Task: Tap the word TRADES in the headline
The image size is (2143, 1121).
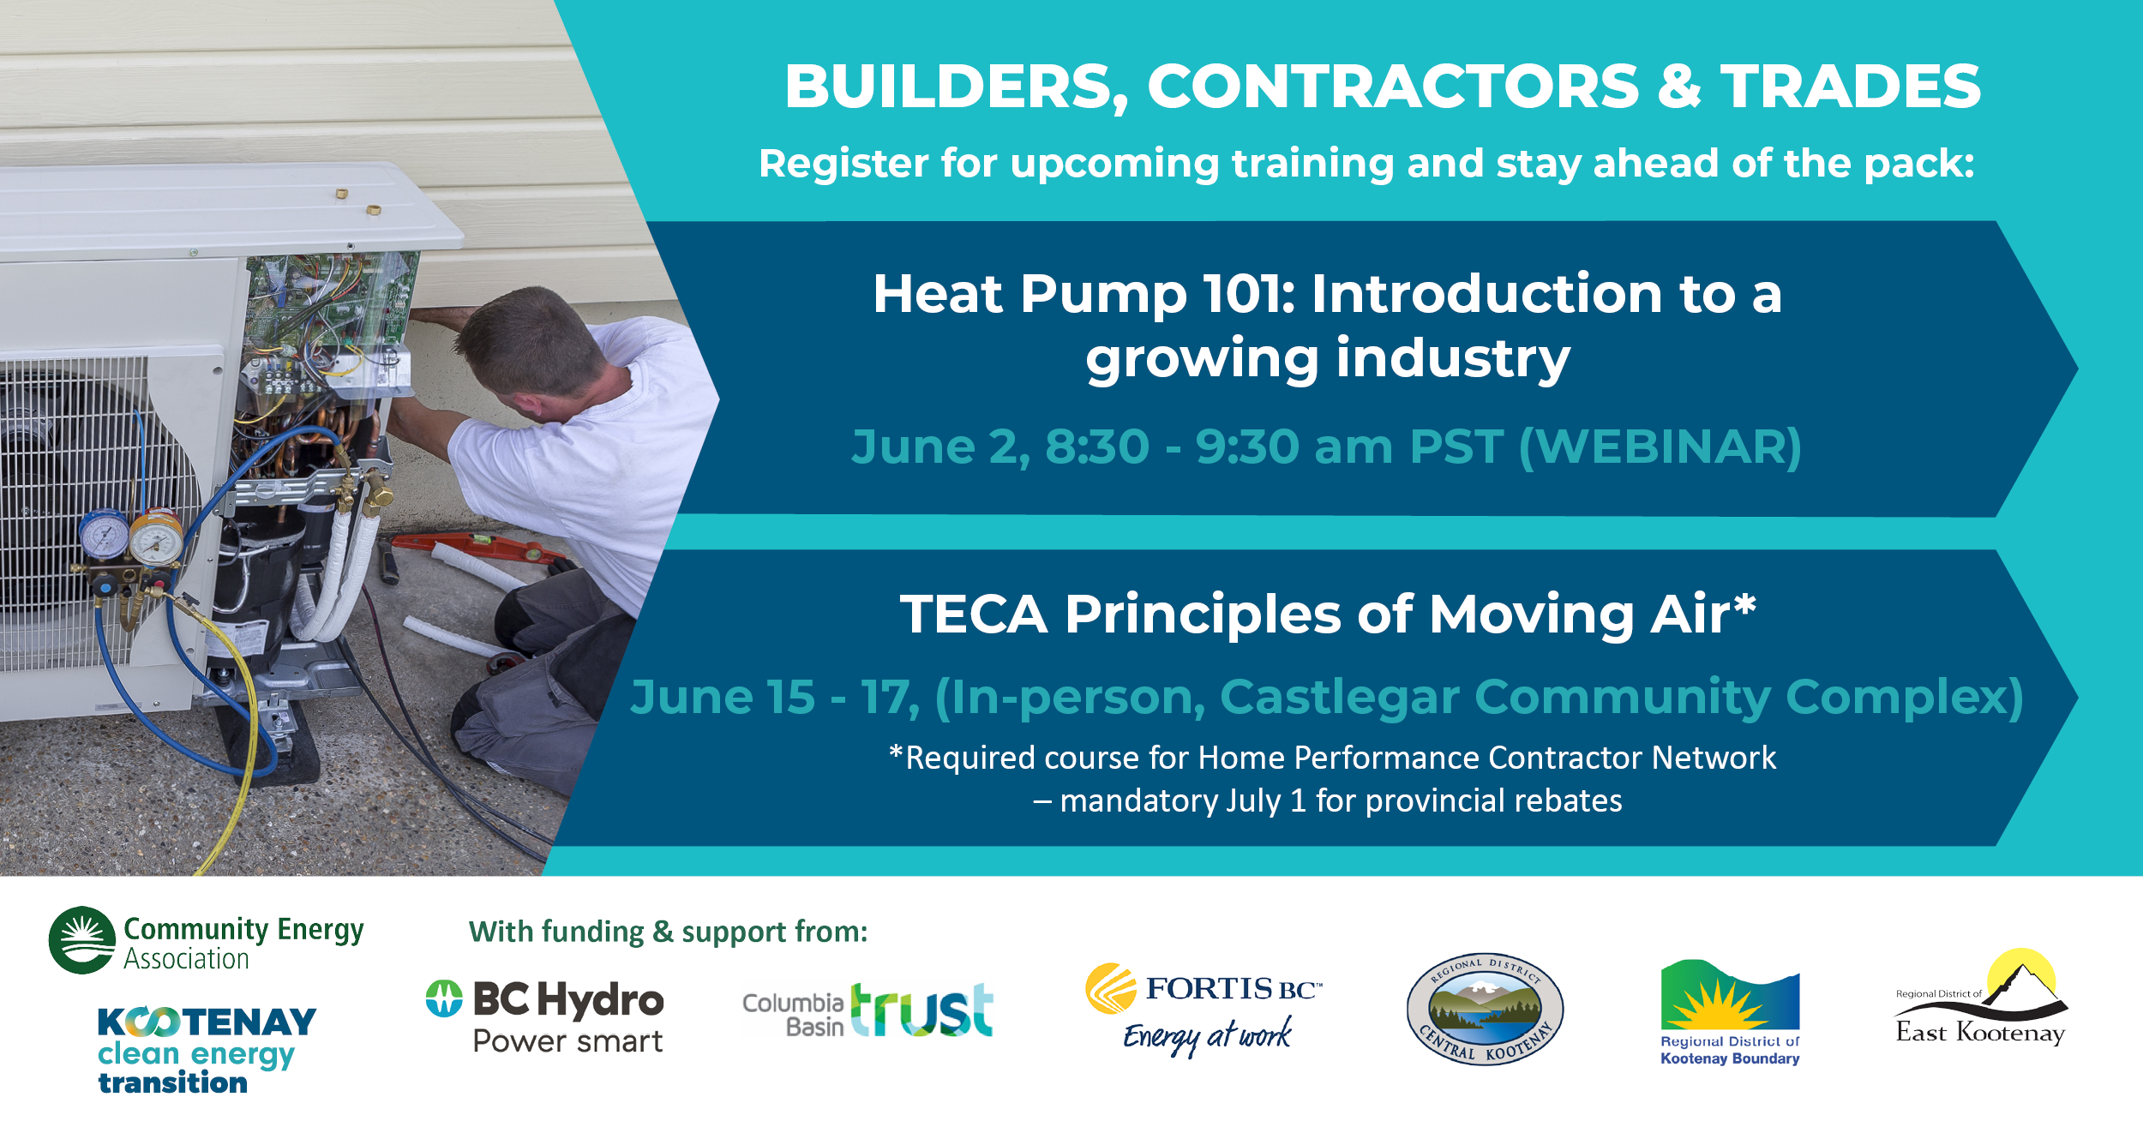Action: coord(1851,87)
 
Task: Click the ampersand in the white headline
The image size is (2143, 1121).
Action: coord(1679,87)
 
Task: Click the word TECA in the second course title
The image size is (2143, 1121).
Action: coord(974,614)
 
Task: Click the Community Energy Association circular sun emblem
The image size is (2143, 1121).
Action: coord(82,940)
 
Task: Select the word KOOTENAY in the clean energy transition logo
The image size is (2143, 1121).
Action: coord(207,1022)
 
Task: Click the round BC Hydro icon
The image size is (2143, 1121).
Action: coord(444,998)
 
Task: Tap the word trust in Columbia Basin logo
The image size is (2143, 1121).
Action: coord(921,1010)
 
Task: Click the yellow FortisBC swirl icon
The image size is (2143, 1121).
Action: coord(1111,988)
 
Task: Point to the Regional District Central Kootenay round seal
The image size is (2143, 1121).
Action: coord(1486,1009)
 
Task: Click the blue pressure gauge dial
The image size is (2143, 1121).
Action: coord(104,536)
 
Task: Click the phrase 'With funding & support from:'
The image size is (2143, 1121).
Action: coord(668,932)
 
